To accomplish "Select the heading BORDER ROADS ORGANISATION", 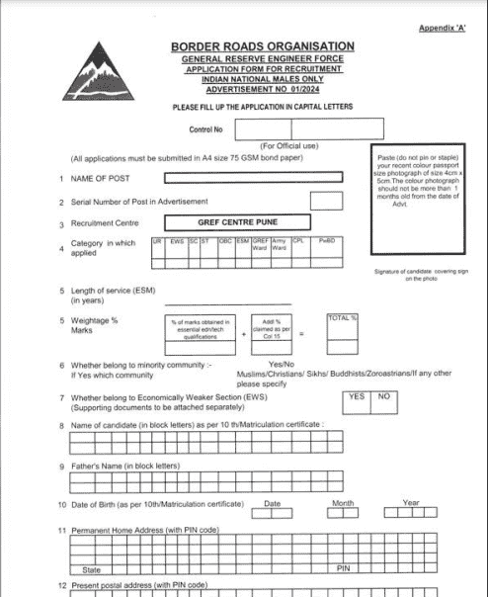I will [x=262, y=46].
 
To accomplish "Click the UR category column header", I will [x=157, y=241].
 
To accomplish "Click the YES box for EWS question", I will [x=357, y=397].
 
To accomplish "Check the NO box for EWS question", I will [x=384, y=397].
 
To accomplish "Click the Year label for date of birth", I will [x=411, y=503].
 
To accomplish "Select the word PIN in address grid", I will [x=344, y=569].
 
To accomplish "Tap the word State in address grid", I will [x=92, y=570].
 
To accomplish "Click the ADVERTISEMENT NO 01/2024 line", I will [x=261, y=88].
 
